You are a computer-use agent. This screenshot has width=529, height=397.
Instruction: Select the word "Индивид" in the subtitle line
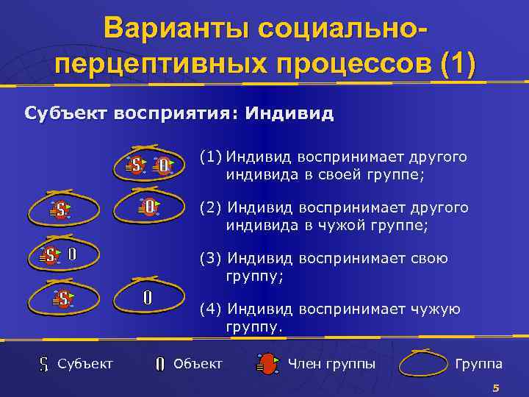pos(289,114)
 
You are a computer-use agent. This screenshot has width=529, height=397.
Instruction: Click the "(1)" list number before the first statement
pos(212,157)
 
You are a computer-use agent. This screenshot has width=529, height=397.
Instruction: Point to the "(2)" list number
pos(212,208)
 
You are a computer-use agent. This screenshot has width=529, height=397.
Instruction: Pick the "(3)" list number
pos(212,259)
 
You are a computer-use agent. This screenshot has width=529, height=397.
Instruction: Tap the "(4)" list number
pos(212,310)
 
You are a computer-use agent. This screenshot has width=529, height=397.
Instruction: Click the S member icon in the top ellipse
pos(137,165)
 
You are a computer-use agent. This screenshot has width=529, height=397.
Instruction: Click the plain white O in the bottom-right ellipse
pos(148,298)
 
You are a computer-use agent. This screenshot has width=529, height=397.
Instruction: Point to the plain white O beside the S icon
pos(72,255)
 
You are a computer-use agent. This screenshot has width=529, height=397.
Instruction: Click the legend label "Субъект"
pos(85,363)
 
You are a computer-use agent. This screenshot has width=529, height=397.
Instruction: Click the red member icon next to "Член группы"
pos(268,363)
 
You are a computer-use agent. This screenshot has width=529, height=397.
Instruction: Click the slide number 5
pos(496,387)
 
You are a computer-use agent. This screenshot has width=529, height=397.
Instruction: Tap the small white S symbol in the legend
pos(43,363)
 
